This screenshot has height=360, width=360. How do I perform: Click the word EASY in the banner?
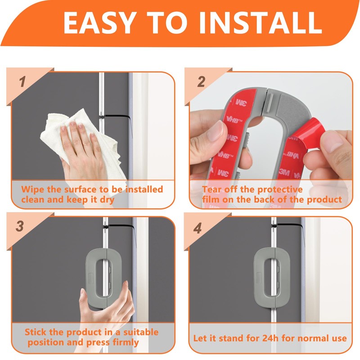tap(99, 22)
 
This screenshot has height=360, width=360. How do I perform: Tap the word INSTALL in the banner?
tap(261, 22)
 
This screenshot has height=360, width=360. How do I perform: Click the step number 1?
tap(22, 82)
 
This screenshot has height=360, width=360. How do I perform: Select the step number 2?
tap(201, 82)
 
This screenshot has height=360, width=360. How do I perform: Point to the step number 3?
tap(20, 226)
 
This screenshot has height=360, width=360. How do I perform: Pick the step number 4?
tap(198, 228)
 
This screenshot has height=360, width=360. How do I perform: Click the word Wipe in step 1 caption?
tap(32, 189)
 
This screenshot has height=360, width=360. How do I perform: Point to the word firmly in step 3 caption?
tap(126, 342)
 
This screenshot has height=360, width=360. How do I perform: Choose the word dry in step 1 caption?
tap(107, 200)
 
